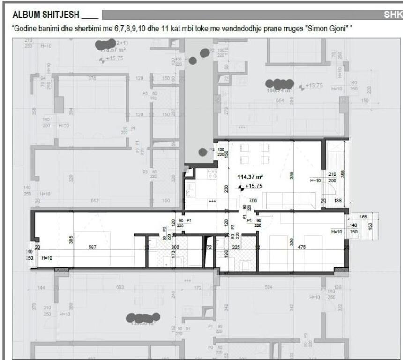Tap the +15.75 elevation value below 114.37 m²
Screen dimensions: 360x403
[254, 186]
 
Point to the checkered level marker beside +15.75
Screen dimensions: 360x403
[241, 187]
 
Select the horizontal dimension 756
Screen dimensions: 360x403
[253, 200]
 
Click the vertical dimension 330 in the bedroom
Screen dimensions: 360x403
[291, 242]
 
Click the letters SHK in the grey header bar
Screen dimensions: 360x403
[393, 15]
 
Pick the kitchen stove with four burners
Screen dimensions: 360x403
[211, 174]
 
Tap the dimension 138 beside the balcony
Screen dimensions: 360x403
[337, 200]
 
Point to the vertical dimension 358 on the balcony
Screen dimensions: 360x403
[343, 173]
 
